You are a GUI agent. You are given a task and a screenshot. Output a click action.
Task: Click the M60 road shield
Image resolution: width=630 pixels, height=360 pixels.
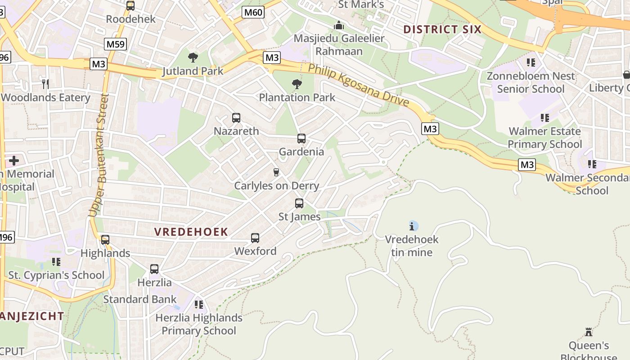[253, 12]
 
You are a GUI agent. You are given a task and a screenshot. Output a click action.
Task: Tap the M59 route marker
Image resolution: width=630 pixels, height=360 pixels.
[116, 44]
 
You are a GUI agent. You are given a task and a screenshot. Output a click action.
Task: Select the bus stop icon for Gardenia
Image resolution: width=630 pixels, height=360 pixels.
[301, 139]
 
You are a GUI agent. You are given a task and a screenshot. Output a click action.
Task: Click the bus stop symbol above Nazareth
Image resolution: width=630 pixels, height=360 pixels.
[236, 118]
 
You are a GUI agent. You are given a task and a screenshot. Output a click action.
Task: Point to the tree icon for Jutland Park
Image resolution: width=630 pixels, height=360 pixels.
[193, 58]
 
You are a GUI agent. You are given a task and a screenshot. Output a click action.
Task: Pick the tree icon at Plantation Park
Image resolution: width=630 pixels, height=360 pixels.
[297, 84]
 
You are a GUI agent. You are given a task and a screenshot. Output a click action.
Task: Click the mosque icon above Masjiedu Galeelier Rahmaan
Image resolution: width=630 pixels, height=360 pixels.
[339, 25]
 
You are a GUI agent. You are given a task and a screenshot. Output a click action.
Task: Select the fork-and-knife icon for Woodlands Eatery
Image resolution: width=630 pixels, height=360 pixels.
[45, 84]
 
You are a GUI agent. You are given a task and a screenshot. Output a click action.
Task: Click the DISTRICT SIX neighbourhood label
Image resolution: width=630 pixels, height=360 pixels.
[442, 30]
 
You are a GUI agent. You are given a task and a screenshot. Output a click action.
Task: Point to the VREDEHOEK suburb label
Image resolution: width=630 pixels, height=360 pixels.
[191, 232]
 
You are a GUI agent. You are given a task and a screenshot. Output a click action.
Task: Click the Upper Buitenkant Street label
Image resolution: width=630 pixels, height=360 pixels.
[99, 155]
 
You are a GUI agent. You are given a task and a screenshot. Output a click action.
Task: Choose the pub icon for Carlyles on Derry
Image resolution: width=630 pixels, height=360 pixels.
[276, 172]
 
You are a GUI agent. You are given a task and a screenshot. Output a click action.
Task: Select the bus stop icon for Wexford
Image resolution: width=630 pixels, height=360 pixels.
[255, 238]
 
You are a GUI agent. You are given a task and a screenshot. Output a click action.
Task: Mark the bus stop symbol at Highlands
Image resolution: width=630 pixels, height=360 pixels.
[105, 240]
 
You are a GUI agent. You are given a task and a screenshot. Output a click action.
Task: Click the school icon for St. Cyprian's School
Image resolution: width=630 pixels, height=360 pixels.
[56, 262]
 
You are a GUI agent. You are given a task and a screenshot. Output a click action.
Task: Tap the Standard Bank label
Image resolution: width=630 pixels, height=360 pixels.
[140, 299]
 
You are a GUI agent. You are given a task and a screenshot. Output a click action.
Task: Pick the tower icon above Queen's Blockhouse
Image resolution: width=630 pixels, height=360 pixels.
[589, 333]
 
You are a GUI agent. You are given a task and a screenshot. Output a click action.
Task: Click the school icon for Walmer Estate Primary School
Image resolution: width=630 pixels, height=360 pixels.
[545, 118]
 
